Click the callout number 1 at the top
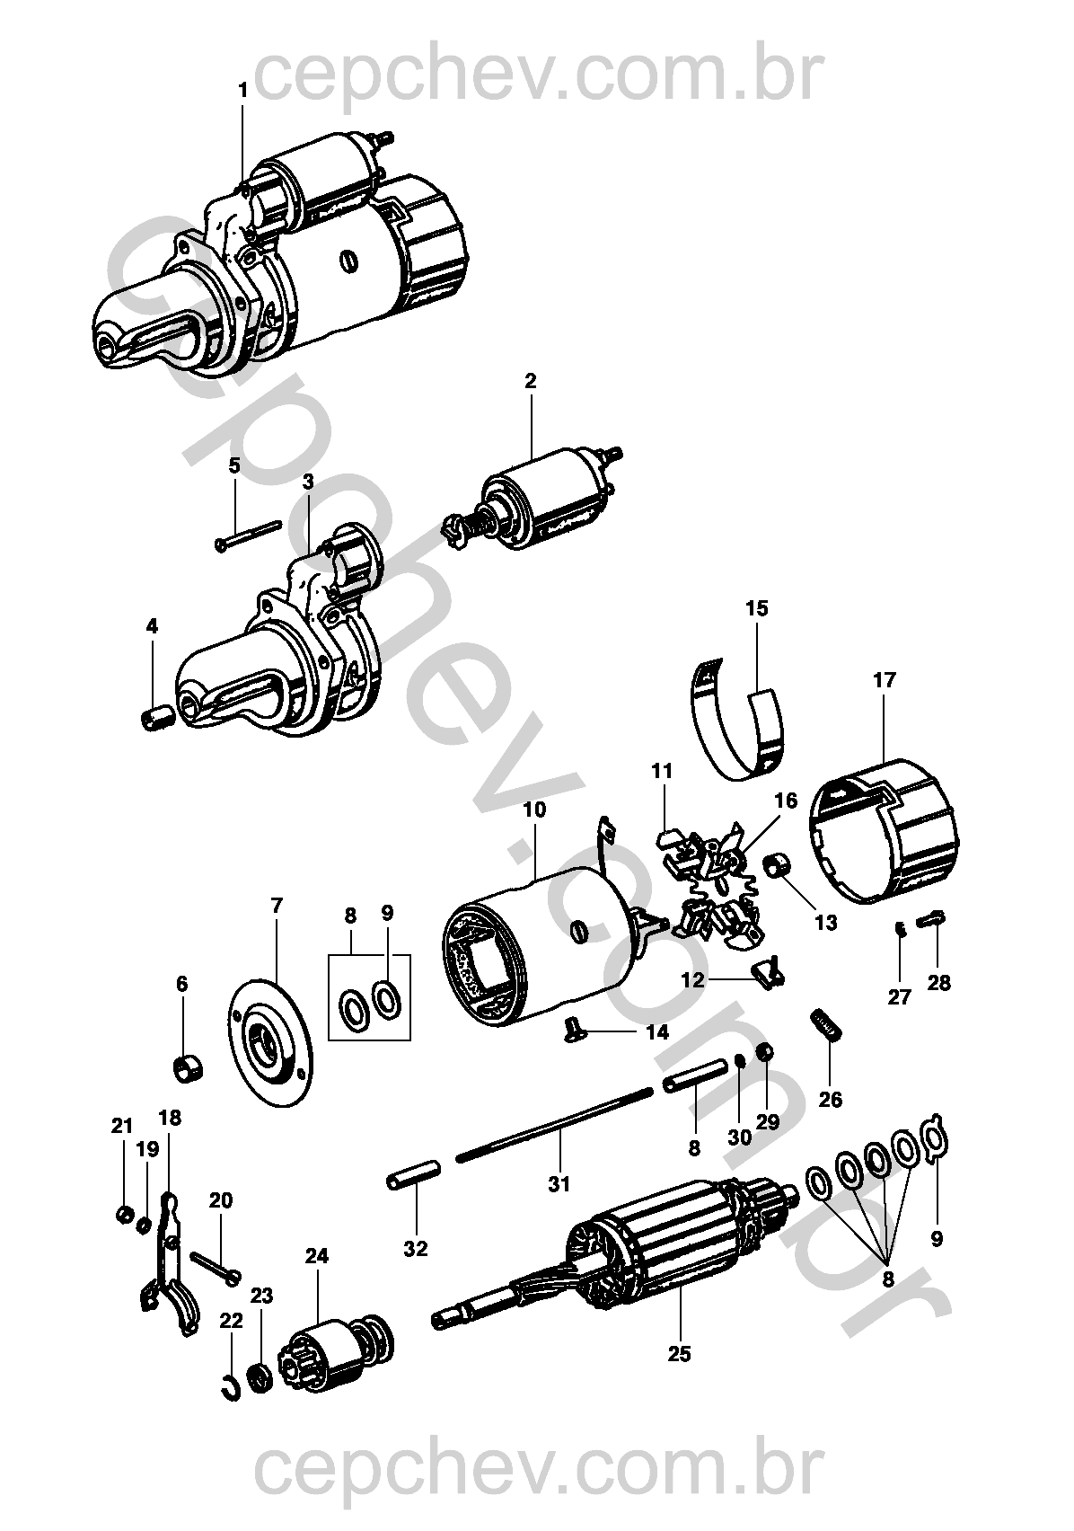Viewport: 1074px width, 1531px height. point(242,90)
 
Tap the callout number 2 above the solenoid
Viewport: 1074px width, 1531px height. point(530,381)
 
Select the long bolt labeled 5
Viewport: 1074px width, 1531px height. point(248,535)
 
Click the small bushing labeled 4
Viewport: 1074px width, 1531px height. point(154,721)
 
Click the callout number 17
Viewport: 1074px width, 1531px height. point(884,680)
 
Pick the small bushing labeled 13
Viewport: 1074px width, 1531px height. point(779,867)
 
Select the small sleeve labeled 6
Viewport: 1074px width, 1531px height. point(186,1069)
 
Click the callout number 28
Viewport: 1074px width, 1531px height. point(938,983)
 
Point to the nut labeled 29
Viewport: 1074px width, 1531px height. point(765,1051)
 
